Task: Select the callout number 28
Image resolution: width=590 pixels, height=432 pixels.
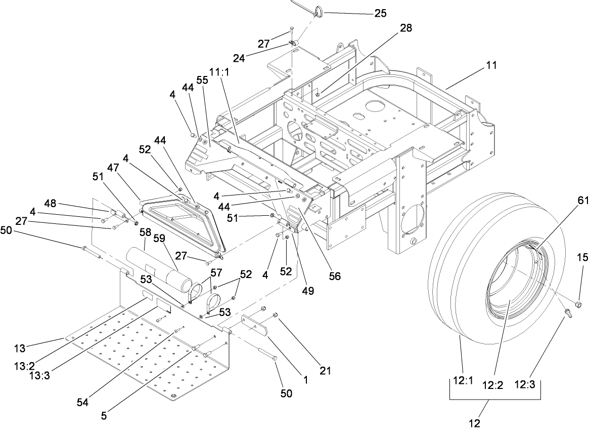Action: point(405,28)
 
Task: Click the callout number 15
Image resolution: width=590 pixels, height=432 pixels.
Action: point(582,257)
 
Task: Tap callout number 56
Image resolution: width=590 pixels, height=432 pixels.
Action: point(335,277)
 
